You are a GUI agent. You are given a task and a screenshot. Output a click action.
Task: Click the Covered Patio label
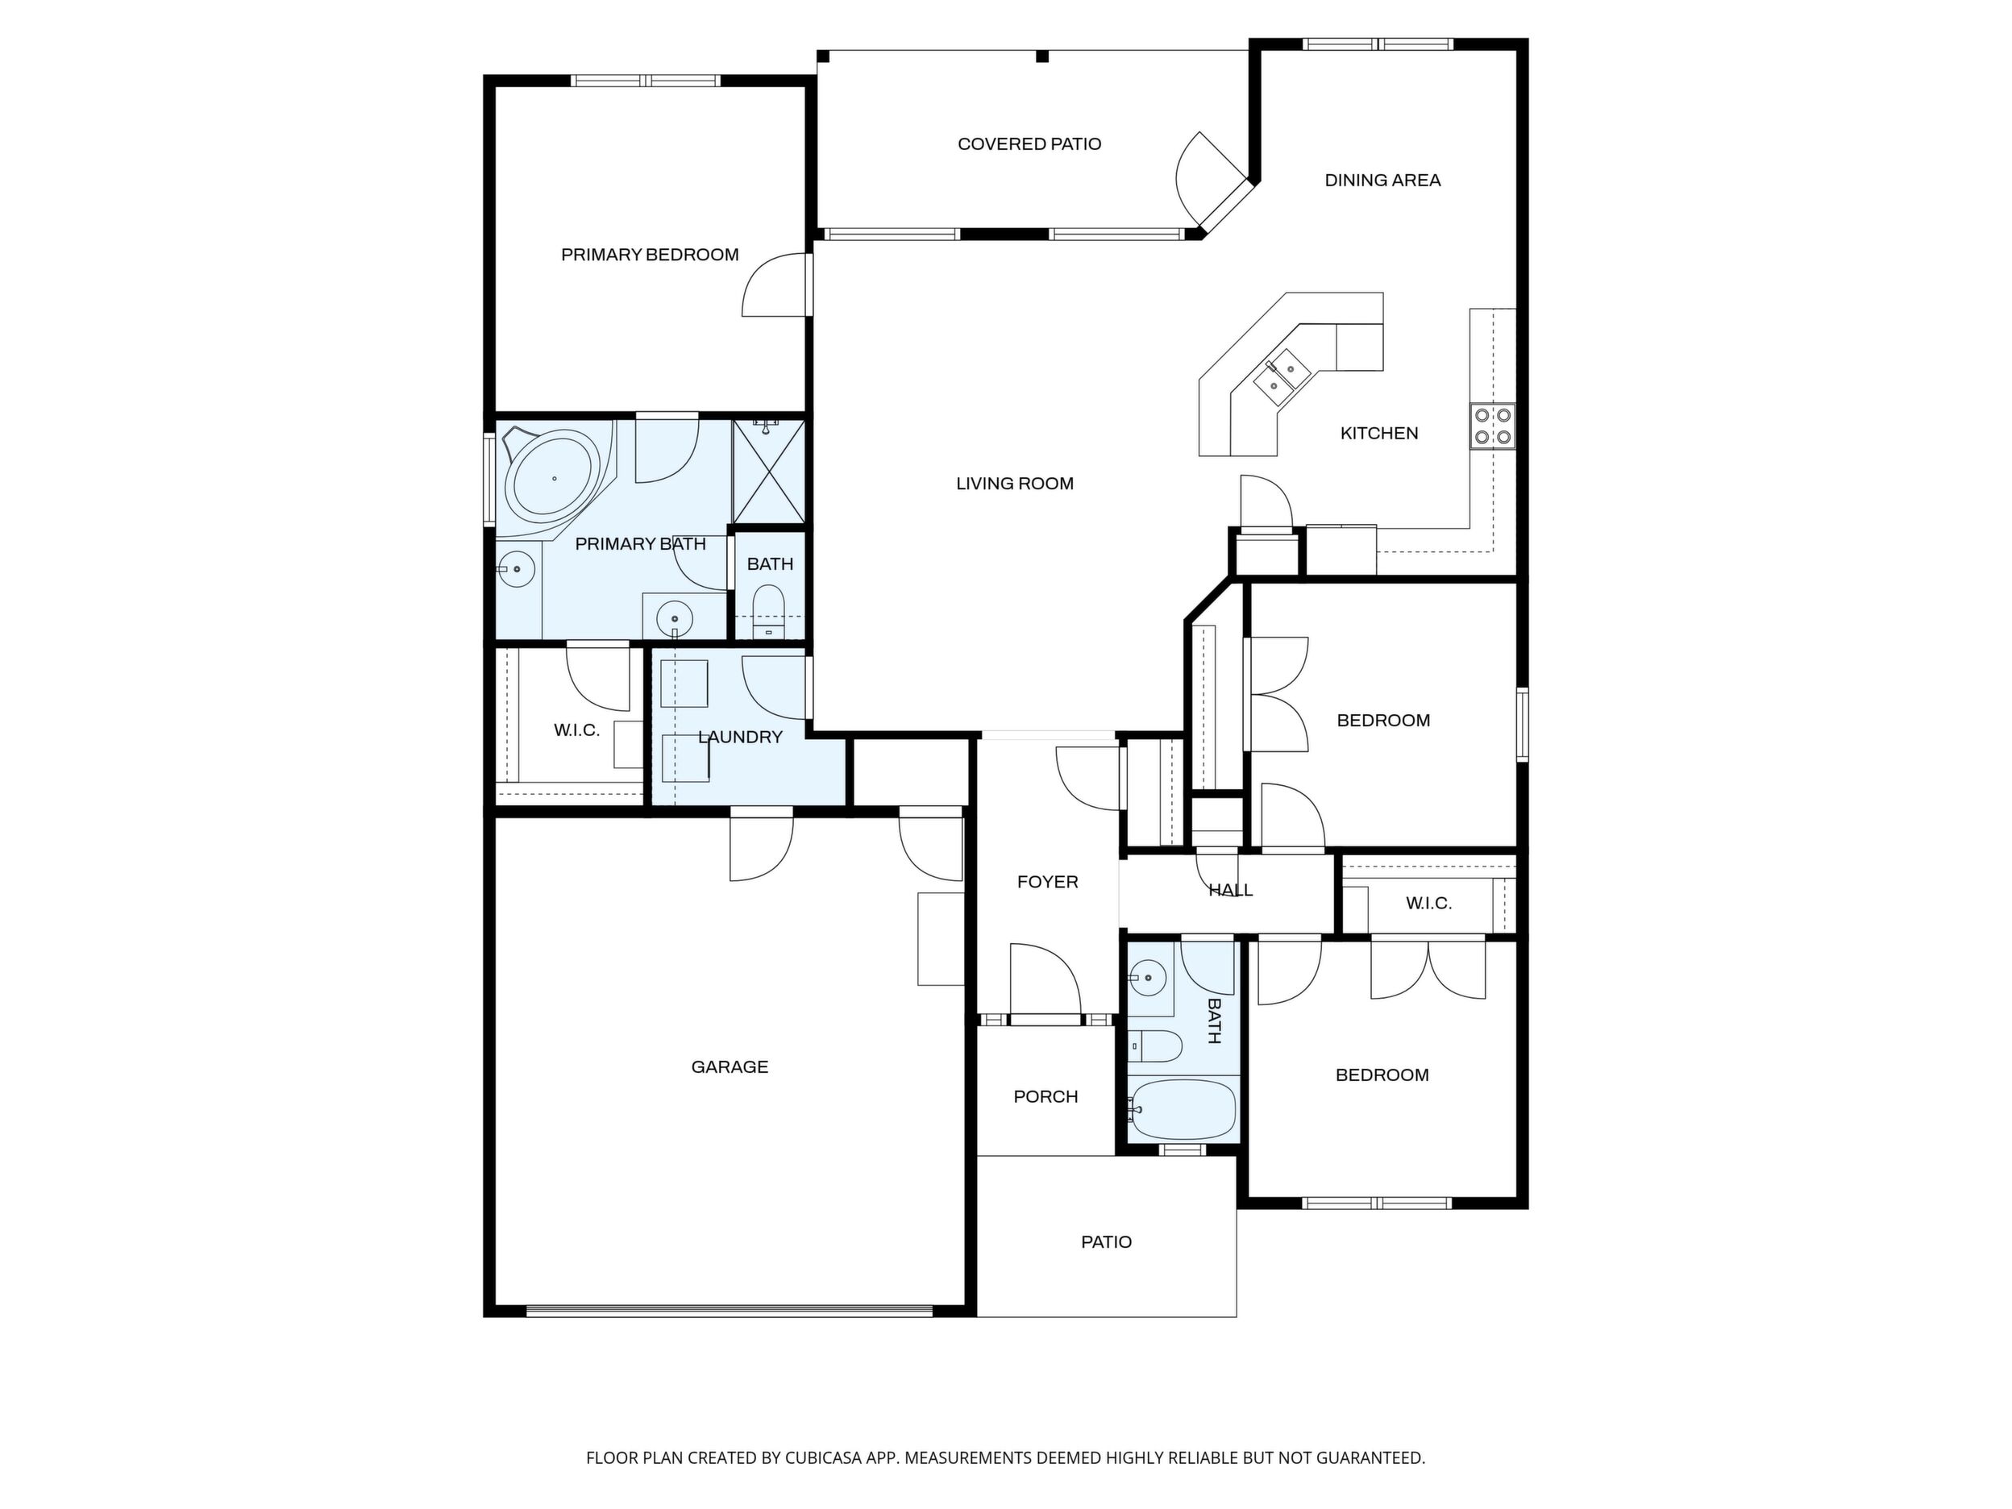[1029, 143]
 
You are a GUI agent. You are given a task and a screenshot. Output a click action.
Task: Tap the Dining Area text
[1382, 180]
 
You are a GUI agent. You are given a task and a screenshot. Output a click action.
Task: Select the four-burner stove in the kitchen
[1493, 426]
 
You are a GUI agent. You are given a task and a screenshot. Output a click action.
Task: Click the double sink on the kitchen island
[1281, 374]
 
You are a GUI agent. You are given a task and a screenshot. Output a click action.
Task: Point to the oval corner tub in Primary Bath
[554, 477]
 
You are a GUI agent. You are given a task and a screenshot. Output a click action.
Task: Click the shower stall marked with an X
[768, 472]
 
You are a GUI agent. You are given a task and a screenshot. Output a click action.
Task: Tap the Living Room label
[1014, 484]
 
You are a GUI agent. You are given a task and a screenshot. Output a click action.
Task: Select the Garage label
[730, 1067]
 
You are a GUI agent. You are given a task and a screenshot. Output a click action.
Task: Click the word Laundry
[741, 737]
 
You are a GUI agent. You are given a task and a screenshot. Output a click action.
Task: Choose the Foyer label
[1047, 881]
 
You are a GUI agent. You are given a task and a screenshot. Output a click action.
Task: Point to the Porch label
[1046, 1097]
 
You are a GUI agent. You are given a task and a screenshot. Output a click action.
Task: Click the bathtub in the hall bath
[1183, 1110]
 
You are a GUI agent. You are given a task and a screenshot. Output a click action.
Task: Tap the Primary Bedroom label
[650, 255]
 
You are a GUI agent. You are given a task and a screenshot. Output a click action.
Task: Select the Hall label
[1231, 891]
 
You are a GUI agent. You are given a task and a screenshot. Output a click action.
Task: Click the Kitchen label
[1379, 433]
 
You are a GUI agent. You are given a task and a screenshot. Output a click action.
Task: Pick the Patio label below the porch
[1106, 1241]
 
